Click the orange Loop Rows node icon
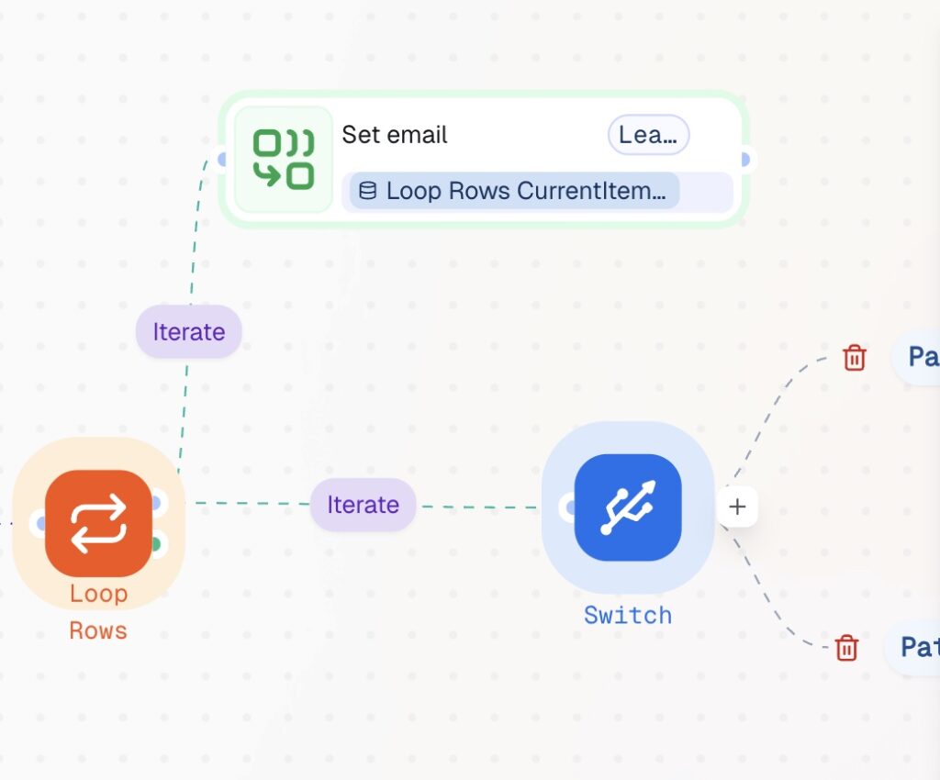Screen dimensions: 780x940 click(98, 524)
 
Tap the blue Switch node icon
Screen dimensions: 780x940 click(628, 507)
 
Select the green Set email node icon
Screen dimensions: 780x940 click(284, 160)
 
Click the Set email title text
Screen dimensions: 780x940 click(395, 135)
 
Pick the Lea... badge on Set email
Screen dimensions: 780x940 click(648, 135)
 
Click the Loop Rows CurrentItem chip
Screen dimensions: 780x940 click(514, 191)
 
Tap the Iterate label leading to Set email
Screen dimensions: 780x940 click(189, 331)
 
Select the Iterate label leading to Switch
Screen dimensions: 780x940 click(363, 505)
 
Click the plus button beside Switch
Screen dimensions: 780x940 click(738, 507)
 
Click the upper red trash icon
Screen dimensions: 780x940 click(855, 357)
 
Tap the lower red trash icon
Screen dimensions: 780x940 click(846, 648)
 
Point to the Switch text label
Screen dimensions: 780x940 click(628, 615)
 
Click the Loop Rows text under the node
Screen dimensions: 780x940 click(98, 612)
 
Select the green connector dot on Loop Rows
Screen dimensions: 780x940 click(156, 544)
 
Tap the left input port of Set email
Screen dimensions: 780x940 click(222, 160)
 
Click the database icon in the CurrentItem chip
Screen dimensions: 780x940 click(367, 191)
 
